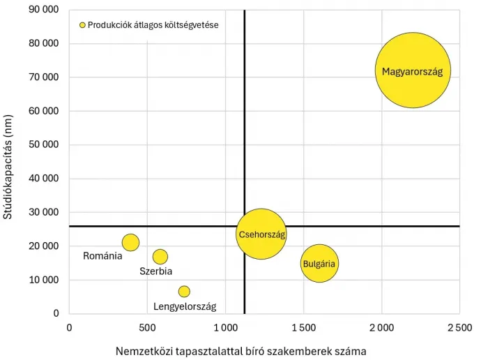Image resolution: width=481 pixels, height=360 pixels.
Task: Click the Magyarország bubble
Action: tap(413, 70)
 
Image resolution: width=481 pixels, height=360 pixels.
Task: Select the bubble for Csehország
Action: tap(261, 234)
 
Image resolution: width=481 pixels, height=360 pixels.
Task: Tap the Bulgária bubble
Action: tap(319, 263)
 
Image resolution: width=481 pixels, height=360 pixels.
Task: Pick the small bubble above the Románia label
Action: tap(130, 242)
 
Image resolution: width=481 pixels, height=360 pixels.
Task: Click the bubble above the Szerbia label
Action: tap(160, 257)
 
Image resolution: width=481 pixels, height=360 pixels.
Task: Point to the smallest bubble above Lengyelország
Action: tap(184, 291)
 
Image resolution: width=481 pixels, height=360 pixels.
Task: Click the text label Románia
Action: tap(102, 256)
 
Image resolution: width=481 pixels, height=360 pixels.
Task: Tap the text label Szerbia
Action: tap(156, 271)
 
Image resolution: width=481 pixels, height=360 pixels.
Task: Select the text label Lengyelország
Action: tap(185, 306)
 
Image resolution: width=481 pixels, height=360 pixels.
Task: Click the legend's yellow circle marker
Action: tap(82, 25)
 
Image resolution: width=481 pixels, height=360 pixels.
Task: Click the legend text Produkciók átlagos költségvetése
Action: tap(153, 25)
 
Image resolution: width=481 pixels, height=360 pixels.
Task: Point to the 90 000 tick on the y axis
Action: tap(43, 10)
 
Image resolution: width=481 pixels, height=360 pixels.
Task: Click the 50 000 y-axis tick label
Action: tap(43, 145)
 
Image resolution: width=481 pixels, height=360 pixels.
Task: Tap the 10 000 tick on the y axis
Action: tap(43, 280)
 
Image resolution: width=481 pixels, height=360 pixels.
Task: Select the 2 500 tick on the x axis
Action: tap(459, 327)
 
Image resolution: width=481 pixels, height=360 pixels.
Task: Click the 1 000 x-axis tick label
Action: tap(225, 327)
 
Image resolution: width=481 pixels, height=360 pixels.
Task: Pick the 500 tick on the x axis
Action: tap(147, 327)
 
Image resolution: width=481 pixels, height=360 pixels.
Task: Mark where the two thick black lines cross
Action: tap(245, 226)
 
